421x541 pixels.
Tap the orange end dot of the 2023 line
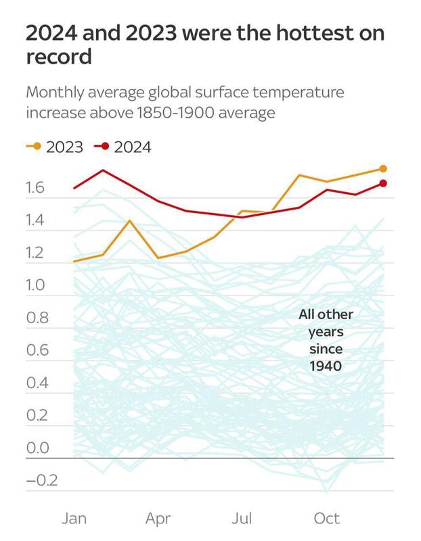(x=383, y=168)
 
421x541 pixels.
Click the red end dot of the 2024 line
(x=383, y=183)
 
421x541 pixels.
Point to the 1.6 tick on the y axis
(x=39, y=188)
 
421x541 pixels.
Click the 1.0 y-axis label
(x=39, y=285)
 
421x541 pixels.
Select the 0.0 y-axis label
(x=39, y=448)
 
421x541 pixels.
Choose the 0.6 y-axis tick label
(x=39, y=350)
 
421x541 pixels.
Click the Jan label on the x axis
(x=74, y=519)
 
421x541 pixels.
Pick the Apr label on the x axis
(x=158, y=519)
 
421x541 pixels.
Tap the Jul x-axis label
(x=242, y=519)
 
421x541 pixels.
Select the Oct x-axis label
(x=326, y=519)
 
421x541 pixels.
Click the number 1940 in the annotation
(x=326, y=367)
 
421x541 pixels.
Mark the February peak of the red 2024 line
(x=103, y=170)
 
